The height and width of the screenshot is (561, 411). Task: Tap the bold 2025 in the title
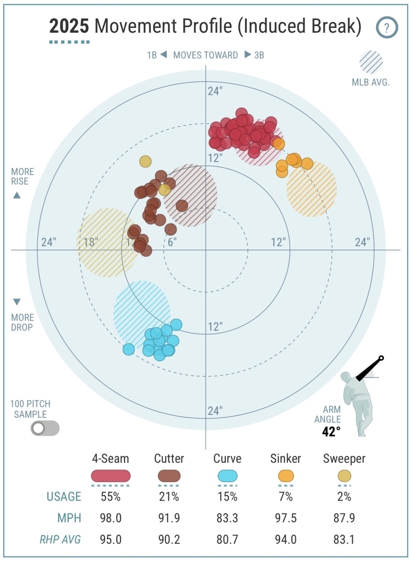pos(69,26)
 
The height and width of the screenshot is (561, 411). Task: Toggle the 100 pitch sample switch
pos(45,428)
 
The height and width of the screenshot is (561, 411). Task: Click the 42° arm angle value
pos(331,431)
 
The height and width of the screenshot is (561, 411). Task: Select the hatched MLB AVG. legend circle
pos(371,62)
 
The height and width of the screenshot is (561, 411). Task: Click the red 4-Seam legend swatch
pos(111,476)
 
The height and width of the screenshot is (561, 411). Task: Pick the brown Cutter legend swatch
pos(169,476)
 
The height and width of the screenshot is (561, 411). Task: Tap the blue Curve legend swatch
pos(227,476)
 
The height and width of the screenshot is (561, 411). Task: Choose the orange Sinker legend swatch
pos(286,476)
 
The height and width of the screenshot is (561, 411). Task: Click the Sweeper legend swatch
pos(344,476)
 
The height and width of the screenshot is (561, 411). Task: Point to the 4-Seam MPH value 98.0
pos(111,518)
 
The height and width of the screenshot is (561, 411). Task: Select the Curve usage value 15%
pos(227,496)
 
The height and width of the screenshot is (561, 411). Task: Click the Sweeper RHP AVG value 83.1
pos(344,539)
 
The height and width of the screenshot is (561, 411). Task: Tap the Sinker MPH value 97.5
pos(286,518)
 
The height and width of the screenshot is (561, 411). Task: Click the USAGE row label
pos(64,496)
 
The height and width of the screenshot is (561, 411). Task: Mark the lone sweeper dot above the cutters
pos(145,162)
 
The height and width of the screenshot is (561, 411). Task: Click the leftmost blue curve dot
pos(128,349)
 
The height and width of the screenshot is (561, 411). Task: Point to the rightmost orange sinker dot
pos(307,164)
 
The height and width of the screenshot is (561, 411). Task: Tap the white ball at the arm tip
pos(381,359)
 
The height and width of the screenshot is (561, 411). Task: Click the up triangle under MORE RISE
pos(17,195)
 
